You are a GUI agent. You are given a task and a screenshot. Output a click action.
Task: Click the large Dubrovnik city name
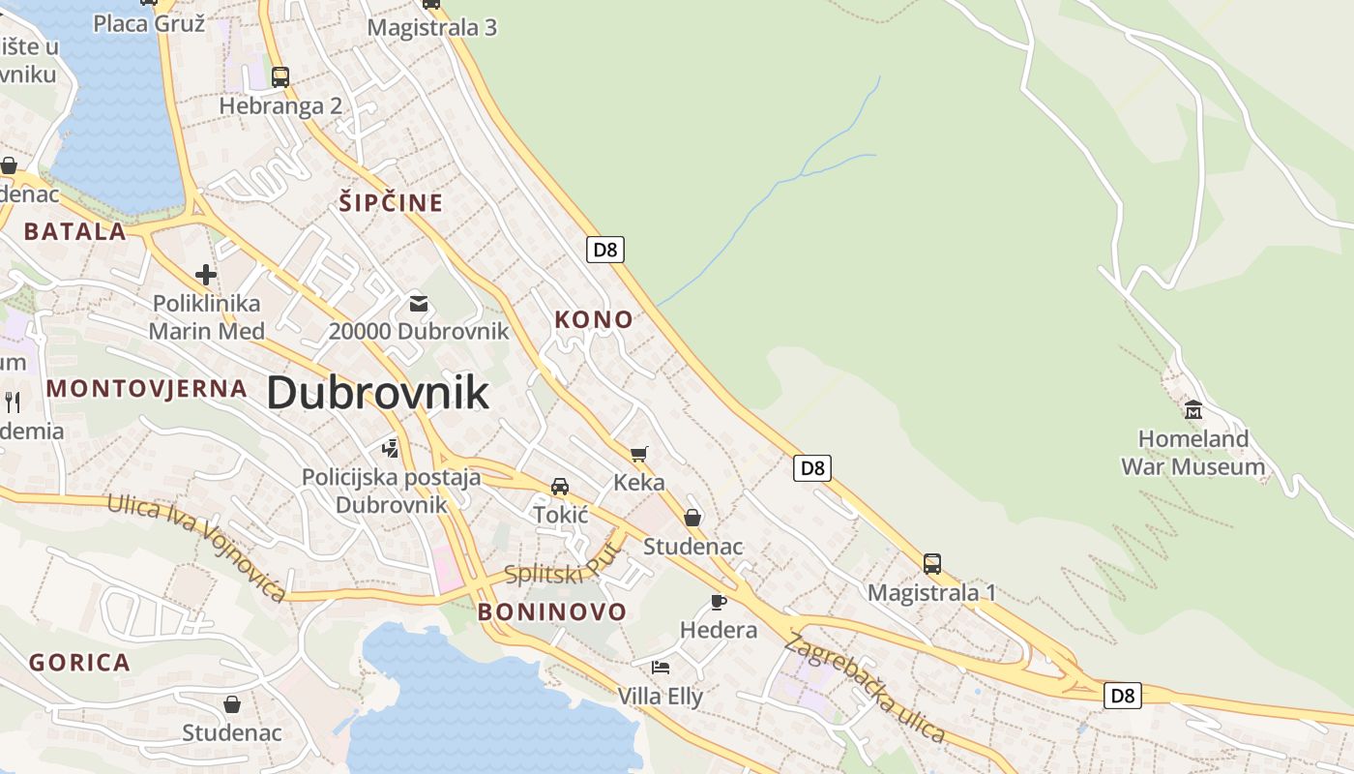pos(377,394)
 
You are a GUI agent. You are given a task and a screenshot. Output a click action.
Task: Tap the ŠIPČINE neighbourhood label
pos(391,203)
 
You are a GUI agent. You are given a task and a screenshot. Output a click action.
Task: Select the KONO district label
pos(594,319)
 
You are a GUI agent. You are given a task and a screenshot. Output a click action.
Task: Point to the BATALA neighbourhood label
pos(75,231)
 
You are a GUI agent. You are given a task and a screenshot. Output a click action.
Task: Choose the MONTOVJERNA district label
pos(147,389)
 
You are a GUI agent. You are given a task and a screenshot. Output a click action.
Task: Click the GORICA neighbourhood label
pos(79,663)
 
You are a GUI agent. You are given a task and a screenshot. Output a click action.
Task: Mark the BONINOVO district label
pos(552,611)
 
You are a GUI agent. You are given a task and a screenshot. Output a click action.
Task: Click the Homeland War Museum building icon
pos(1192,410)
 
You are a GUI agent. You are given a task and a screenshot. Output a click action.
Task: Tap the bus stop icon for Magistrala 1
pos(931,564)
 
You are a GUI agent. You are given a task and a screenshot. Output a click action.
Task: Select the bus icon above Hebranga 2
pos(280,77)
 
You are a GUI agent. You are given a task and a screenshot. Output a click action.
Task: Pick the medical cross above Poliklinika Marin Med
pos(205,275)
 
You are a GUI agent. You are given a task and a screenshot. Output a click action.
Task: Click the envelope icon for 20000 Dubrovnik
pos(418,304)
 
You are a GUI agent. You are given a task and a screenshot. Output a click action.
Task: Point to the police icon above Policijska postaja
pos(391,448)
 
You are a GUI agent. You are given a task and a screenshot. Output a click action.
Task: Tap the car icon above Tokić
pos(560,486)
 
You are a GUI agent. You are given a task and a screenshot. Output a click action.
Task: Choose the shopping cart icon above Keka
pos(638,453)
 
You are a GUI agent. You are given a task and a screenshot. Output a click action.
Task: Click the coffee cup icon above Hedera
pos(718,602)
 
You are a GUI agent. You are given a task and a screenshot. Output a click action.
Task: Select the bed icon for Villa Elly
pos(661,668)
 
